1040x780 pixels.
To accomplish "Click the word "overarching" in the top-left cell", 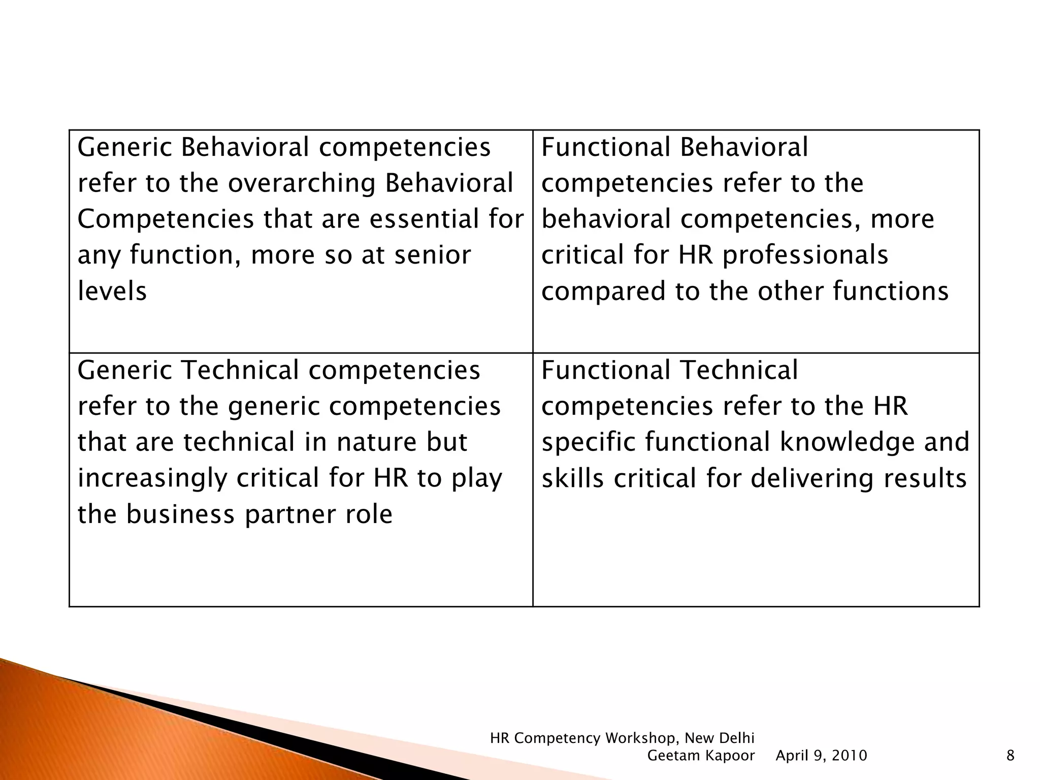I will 301,184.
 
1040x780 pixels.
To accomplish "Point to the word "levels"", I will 112,291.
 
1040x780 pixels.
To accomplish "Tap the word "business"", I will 181,514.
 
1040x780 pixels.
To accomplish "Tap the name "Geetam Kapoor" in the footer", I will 701,756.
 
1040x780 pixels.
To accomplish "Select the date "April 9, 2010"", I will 821,756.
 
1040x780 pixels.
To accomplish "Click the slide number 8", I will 1010,756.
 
